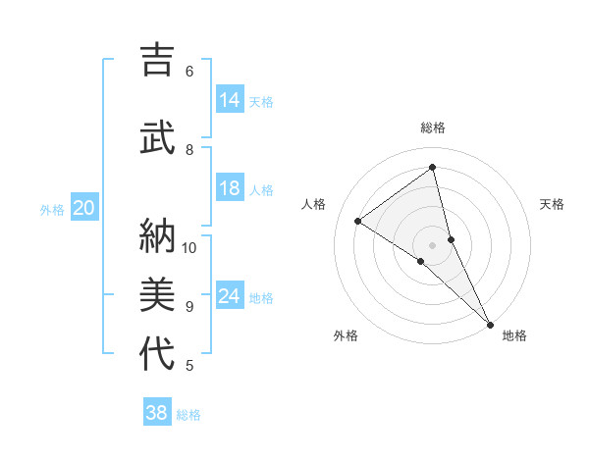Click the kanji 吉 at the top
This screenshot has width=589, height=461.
tap(157, 61)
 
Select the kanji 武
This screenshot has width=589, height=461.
tap(157, 135)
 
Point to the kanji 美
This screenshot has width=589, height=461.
tap(157, 294)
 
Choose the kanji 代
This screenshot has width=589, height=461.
tap(157, 353)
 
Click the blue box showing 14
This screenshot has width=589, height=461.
tap(230, 100)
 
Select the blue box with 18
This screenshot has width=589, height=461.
tap(230, 188)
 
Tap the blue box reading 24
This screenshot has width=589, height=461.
tap(230, 296)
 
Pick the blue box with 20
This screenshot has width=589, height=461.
tap(84, 207)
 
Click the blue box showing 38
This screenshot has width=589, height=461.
tap(157, 413)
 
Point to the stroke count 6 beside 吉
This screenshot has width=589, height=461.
tap(189, 72)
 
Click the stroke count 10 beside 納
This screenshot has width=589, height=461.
tap(189, 247)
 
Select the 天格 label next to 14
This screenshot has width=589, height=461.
tap(261, 102)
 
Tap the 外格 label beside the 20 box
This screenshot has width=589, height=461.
tap(52, 209)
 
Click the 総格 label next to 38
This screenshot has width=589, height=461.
tap(188, 415)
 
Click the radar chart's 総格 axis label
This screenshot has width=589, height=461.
tap(433, 128)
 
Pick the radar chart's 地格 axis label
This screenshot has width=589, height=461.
tap(514, 336)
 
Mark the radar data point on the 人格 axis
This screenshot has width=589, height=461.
tap(358, 221)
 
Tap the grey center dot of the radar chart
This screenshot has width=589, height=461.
tap(433, 244)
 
